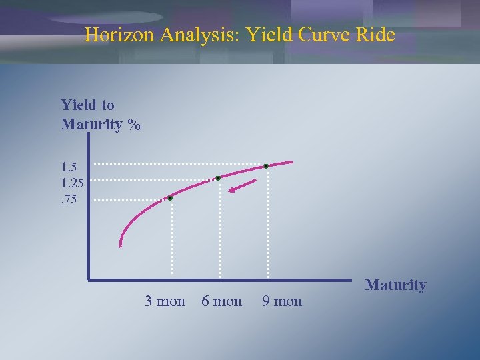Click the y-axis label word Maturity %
coord(100,125)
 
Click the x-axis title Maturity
coord(395,285)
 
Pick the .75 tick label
coord(70,197)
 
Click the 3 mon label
coord(165,301)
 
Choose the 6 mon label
coord(221,301)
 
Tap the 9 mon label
coord(281,301)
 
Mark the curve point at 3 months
coord(170,198)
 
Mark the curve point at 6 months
coord(218,178)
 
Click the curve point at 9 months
coord(266,165)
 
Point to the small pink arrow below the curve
coord(241,186)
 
